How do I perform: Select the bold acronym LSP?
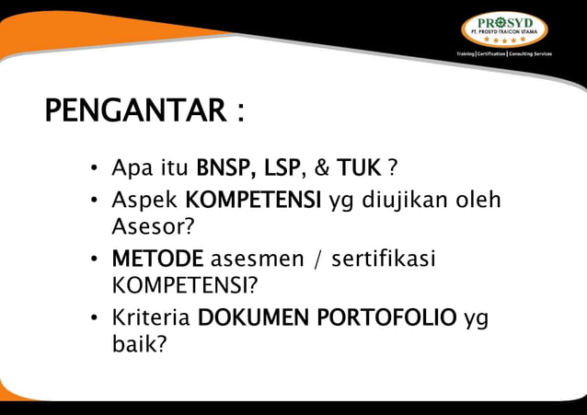(282, 169)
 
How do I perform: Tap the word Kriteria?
(151, 318)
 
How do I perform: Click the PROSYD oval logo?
(503, 28)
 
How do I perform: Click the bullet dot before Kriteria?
(94, 319)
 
